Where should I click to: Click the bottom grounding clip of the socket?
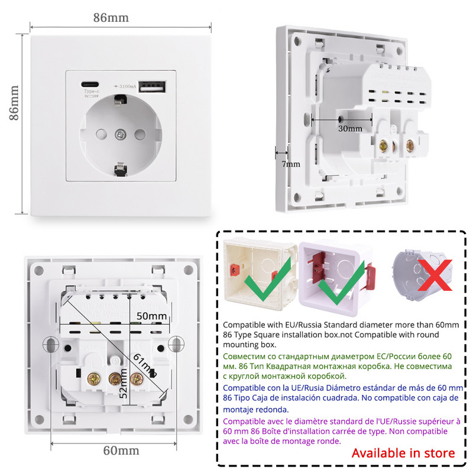[119, 170]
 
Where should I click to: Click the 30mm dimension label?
[350, 128]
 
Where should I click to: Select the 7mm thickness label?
[290, 164]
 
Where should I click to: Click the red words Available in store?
[403, 453]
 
